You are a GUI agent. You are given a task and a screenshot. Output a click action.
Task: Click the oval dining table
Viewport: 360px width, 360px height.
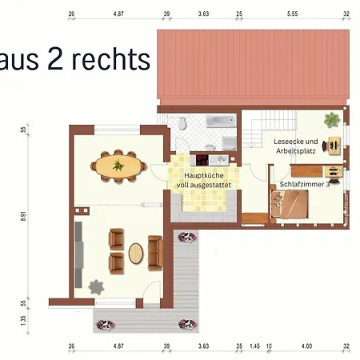coord(118,166)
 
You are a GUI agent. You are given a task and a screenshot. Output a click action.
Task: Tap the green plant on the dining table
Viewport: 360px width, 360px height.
coord(118,166)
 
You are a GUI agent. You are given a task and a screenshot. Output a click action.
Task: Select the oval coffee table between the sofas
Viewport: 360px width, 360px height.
coord(136,253)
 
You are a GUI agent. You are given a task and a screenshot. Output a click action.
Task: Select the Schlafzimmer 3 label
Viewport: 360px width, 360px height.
coord(304,184)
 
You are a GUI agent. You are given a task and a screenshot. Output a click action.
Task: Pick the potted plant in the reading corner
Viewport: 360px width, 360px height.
coord(331,121)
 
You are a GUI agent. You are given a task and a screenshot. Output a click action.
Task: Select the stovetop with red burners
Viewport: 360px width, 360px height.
coord(198,158)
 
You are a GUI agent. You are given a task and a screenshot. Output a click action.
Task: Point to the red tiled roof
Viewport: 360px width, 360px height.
coord(252,68)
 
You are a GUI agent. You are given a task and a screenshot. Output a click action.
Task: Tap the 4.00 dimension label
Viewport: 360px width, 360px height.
coord(306,346)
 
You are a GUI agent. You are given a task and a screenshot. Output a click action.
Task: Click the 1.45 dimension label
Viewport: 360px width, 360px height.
coord(254,346)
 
